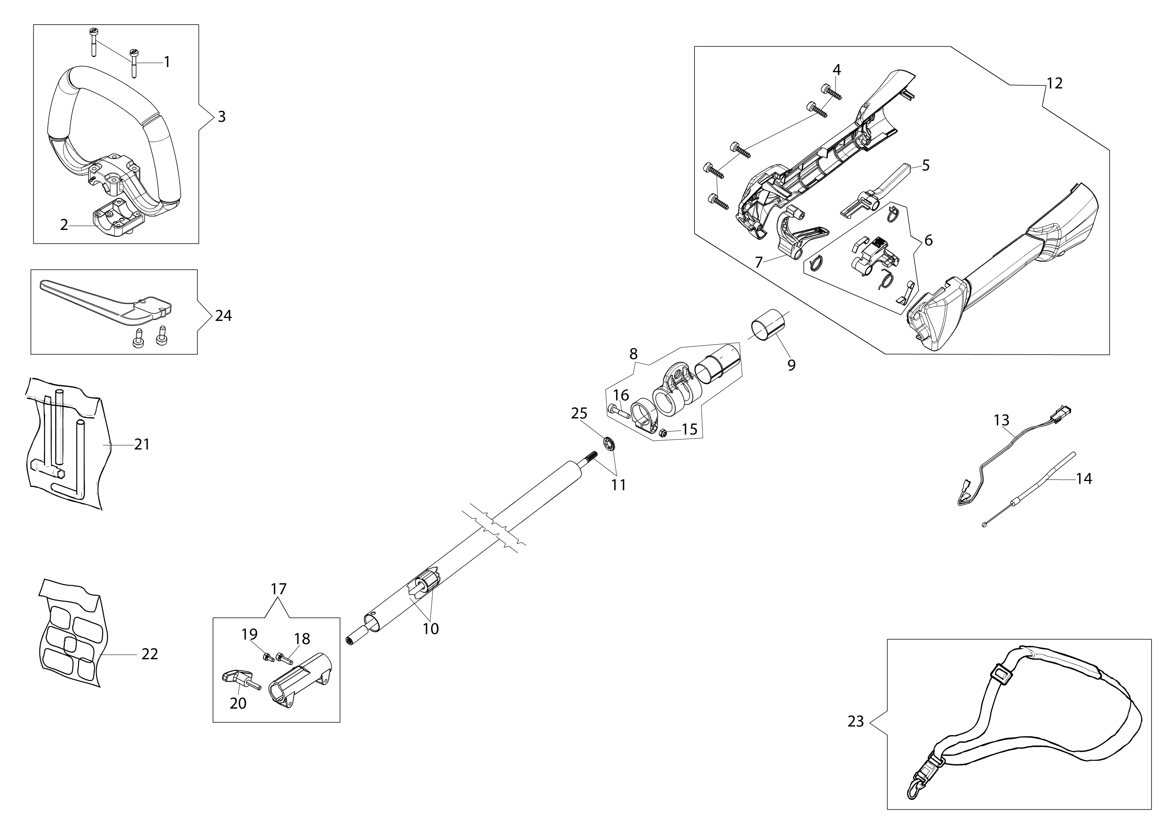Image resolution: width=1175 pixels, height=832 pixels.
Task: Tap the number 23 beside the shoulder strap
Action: point(856,721)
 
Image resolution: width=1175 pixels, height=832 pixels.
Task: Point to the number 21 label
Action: point(142,444)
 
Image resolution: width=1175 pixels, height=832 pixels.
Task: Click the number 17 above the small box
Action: point(278,589)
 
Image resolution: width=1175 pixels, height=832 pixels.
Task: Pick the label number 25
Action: point(579,413)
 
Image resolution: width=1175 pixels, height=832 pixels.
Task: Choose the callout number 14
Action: point(1084,479)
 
